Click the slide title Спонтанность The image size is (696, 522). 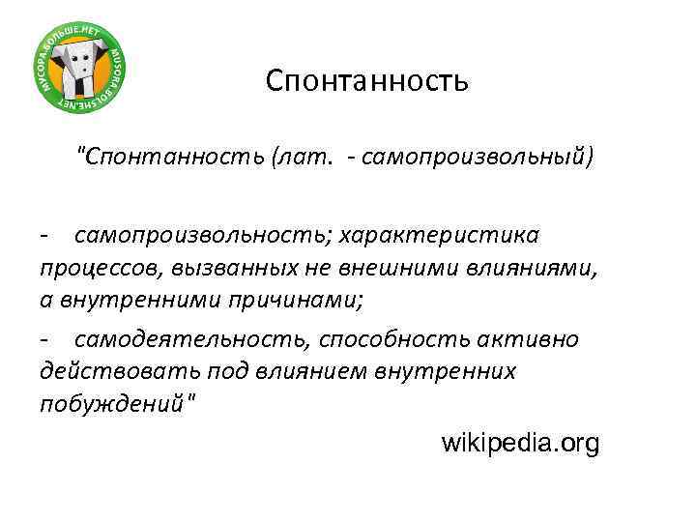pos(367,79)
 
